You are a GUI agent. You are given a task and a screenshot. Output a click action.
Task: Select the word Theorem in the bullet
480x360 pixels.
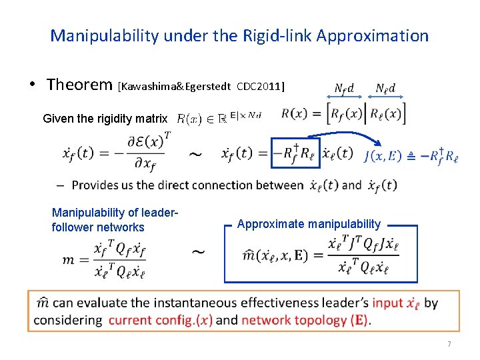(x=79, y=85)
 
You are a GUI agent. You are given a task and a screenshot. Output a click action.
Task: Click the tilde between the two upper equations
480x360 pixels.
(x=196, y=155)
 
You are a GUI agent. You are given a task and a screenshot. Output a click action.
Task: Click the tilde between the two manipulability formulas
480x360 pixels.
(x=199, y=253)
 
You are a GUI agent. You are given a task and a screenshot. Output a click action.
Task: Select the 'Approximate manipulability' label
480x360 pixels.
(x=309, y=224)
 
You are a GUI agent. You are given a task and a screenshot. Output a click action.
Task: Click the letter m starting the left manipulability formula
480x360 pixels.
(x=69, y=259)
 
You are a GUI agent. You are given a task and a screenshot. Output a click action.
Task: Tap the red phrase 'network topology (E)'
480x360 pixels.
(x=304, y=320)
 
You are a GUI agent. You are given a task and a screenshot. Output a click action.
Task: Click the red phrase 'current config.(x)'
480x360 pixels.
(x=161, y=320)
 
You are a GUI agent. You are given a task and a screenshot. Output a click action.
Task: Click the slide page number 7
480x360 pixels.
(x=449, y=344)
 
